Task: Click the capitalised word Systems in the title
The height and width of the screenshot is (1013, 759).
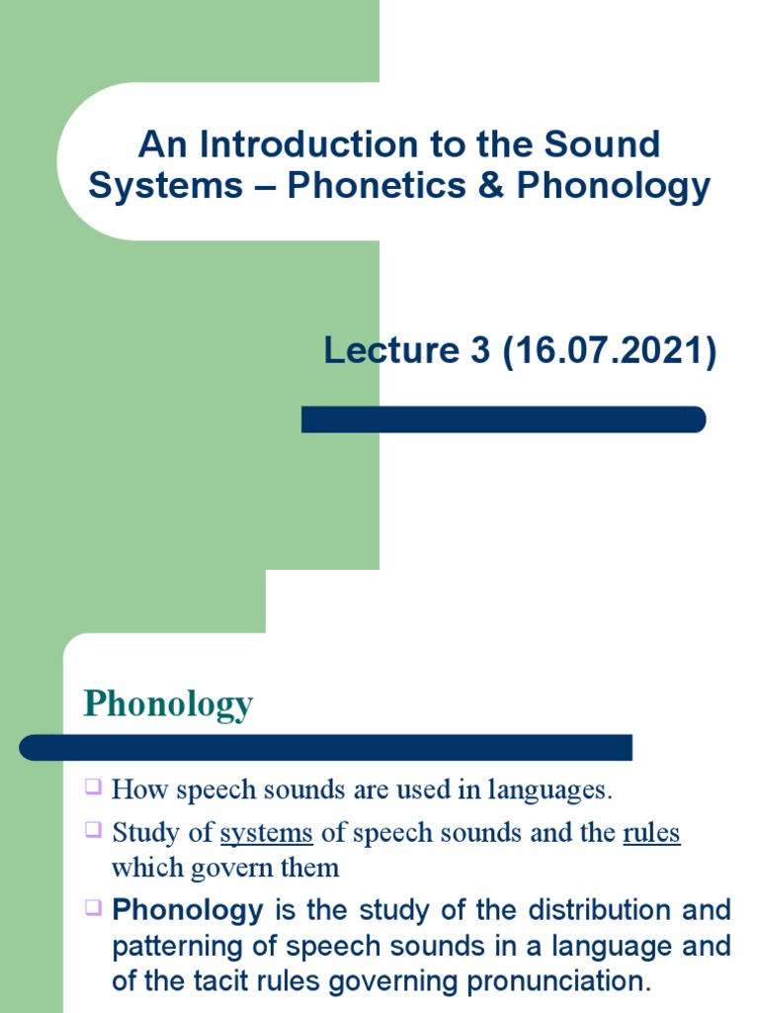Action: point(165,185)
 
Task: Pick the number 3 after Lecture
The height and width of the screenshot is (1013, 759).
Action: point(480,351)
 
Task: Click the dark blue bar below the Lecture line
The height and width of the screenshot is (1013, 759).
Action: point(503,419)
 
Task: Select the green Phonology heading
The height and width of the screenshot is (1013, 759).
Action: point(169,704)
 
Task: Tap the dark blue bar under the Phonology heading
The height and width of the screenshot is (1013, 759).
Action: point(326,747)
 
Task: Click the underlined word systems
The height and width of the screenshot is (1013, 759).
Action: point(267,833)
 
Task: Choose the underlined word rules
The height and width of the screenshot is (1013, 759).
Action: point(651,833)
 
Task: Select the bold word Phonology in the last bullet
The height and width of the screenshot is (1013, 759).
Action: point(188,909)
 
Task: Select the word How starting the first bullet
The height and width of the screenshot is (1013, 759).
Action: point(136,789)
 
